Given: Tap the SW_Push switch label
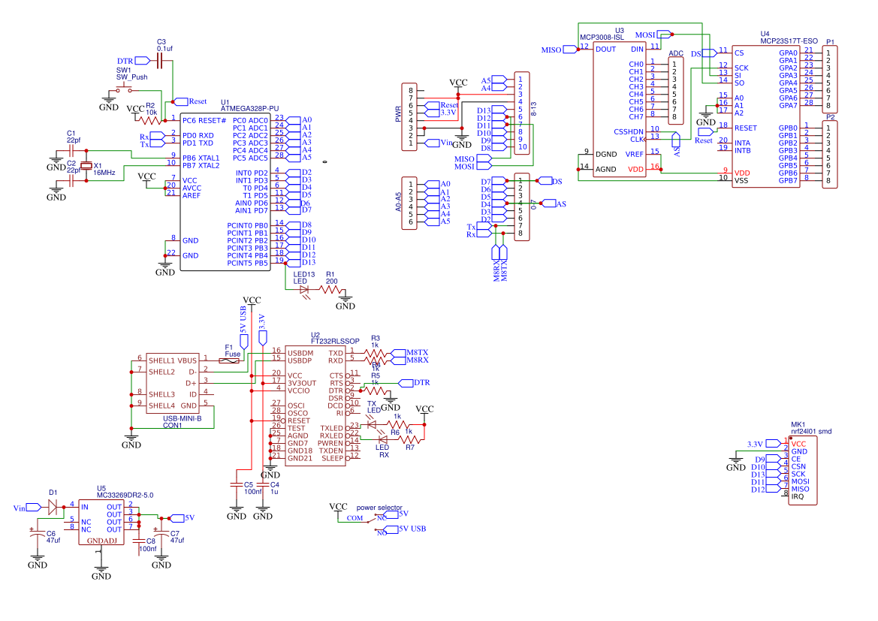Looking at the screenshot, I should (x=131, y=77).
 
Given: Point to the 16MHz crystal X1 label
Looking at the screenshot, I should (x=104, y=173).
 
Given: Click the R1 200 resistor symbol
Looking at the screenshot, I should (x=330, y=289).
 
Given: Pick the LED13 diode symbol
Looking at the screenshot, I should (x=305, y=289).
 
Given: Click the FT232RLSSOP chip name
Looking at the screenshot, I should (x=335, y=341).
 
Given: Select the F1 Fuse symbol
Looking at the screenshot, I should (x=229, y=360).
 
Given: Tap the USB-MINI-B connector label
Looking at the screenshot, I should (x=183, y=418).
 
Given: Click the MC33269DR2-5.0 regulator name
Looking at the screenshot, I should (x=125, y=496).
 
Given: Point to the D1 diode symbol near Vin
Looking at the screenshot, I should (x=53, y=507).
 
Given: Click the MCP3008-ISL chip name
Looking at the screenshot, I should (x=602, y=37).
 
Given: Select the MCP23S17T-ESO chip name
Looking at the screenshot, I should (x=788, y=41).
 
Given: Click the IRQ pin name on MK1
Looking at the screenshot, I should (x=798, y=497).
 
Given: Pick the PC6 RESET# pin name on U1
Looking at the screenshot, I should (x=204, y=120).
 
